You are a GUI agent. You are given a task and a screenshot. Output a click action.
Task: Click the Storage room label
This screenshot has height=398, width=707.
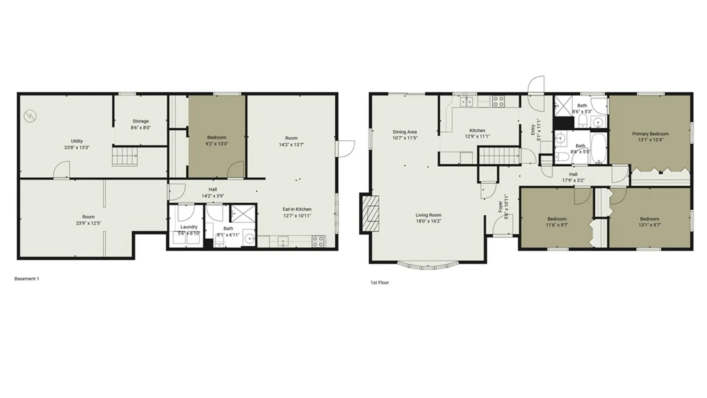[x=141, y=121]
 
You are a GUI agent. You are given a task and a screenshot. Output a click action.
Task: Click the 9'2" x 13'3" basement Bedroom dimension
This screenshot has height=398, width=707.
[x=217, y=144]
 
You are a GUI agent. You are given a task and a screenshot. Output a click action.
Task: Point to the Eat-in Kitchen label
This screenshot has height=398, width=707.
[x=297, y=209]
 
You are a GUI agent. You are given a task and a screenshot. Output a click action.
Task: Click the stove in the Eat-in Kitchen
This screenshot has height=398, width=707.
[x=318, y=241]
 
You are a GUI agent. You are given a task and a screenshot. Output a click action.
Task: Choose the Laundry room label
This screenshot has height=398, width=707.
[x=189, y=227]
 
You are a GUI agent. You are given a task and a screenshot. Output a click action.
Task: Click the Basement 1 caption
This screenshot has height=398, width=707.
[x=27, y=279]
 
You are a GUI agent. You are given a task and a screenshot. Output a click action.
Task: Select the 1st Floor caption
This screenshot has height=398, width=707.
[x=380, y=283]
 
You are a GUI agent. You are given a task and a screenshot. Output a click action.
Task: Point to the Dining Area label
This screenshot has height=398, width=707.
[x=405, y=132]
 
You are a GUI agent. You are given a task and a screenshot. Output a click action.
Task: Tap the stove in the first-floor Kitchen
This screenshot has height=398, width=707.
[x=499, y=101]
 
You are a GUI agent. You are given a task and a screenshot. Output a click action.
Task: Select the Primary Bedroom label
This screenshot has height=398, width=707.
[x=650, y=134]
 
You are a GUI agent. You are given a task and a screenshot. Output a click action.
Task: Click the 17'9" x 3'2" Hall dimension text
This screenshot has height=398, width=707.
[x=573, y=181]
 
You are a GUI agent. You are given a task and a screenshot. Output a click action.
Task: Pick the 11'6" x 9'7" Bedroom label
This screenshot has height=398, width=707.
[x=557, y=219]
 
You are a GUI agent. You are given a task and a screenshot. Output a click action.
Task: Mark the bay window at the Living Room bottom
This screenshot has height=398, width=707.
[x=428, y=266]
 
